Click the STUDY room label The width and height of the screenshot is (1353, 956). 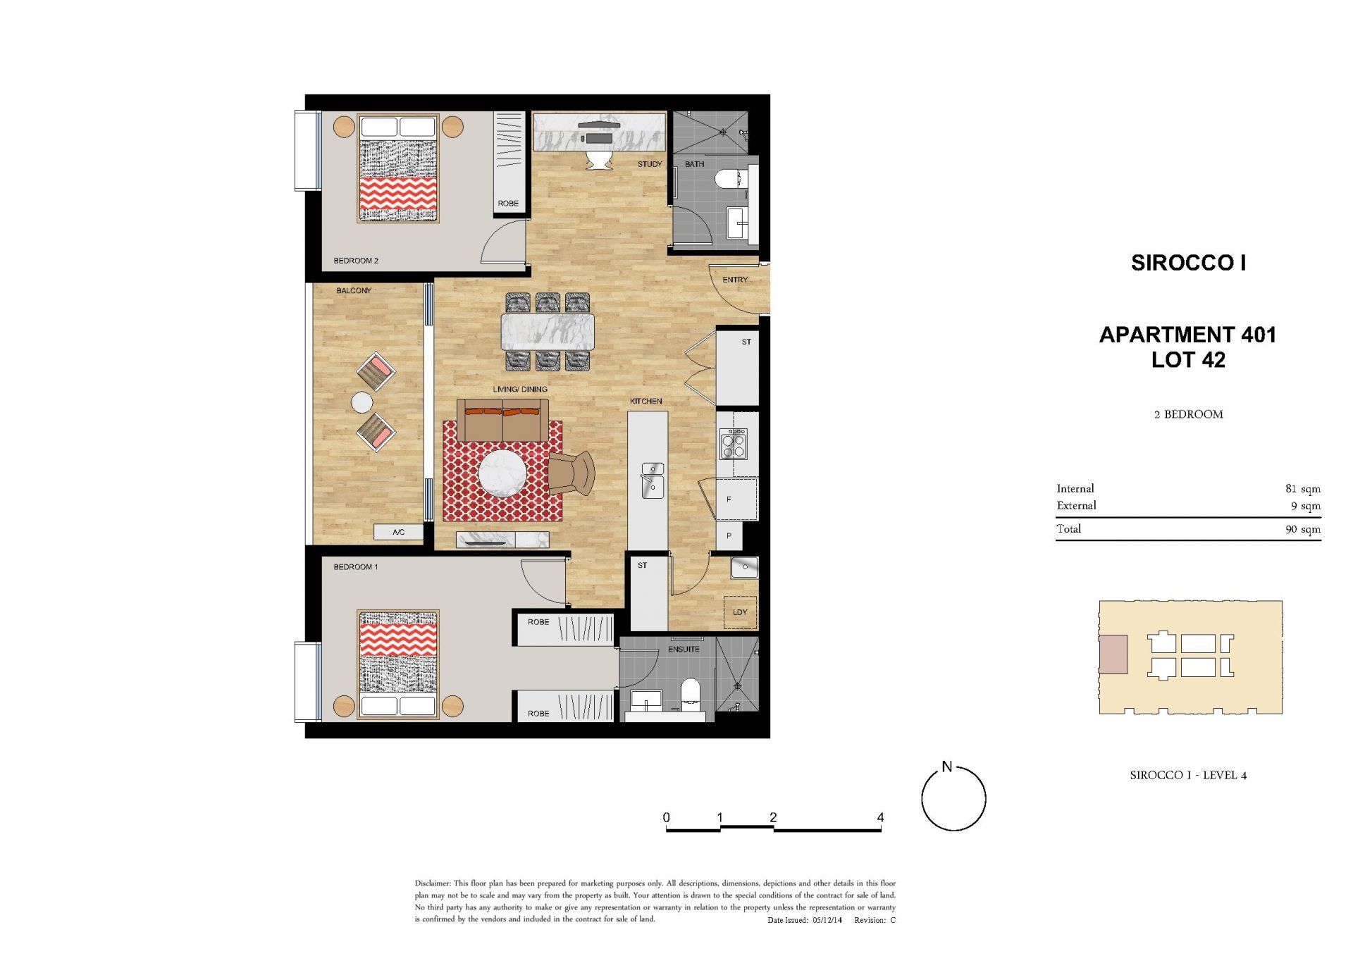(x=650, y=164)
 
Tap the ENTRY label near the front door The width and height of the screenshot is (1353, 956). (x=735, y=280)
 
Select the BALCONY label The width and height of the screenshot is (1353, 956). (x=354, y=290)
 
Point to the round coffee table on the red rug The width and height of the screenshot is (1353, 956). (x=502, y=473)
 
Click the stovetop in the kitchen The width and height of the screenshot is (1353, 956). (x=733, y=444)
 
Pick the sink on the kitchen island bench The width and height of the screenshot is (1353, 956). (x=653, y=480)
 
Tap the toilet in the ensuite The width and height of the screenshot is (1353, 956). (x=691, y=692)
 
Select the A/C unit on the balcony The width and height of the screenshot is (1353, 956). (x=398, y=532)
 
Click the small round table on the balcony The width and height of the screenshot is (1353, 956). (x=362, y=402)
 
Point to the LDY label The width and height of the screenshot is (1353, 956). (x=740, y=612)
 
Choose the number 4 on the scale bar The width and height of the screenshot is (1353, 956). (x=880, y=817)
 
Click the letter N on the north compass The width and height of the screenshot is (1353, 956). (x=947, y=766)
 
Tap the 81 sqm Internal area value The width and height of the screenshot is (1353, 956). (x=1303, y=489)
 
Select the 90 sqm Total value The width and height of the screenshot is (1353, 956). (x=1303, y=529)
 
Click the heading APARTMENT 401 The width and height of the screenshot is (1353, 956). (x=1188, y=335)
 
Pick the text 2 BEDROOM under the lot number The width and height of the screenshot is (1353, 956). (x=1189, y=414)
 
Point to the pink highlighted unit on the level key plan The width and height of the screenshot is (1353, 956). (x=1113, y=654)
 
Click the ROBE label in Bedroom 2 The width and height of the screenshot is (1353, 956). (x=508, y=204)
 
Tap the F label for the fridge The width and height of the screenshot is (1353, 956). (x=729, y=499)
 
